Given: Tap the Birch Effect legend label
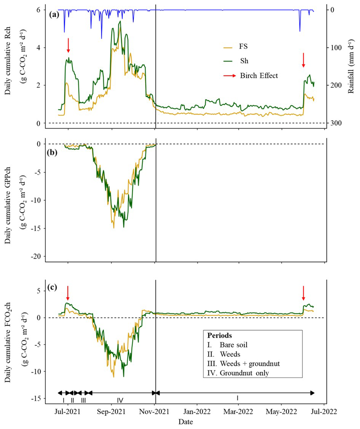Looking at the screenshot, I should tap(259, 75).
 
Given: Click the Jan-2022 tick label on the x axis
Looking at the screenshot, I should tap(197, 412).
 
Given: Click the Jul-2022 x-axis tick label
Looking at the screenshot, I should tap(324, 412).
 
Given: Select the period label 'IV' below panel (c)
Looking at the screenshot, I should tap(120, 400).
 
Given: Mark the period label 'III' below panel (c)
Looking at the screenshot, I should tap(83, 400).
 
